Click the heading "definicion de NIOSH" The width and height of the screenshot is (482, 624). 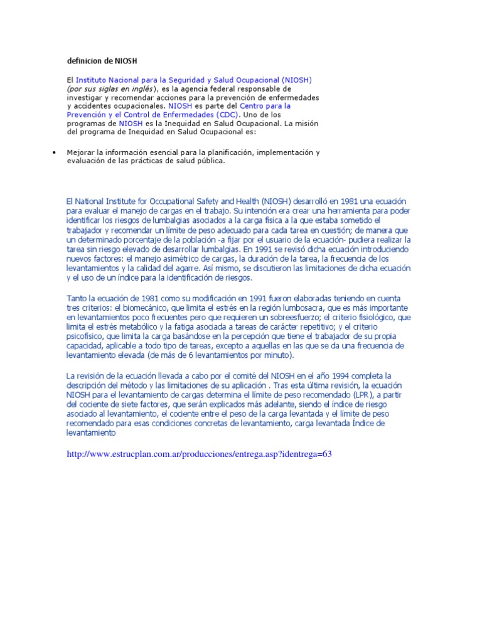tap(102, 61)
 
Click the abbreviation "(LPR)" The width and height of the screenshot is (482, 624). tap(359, 395)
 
